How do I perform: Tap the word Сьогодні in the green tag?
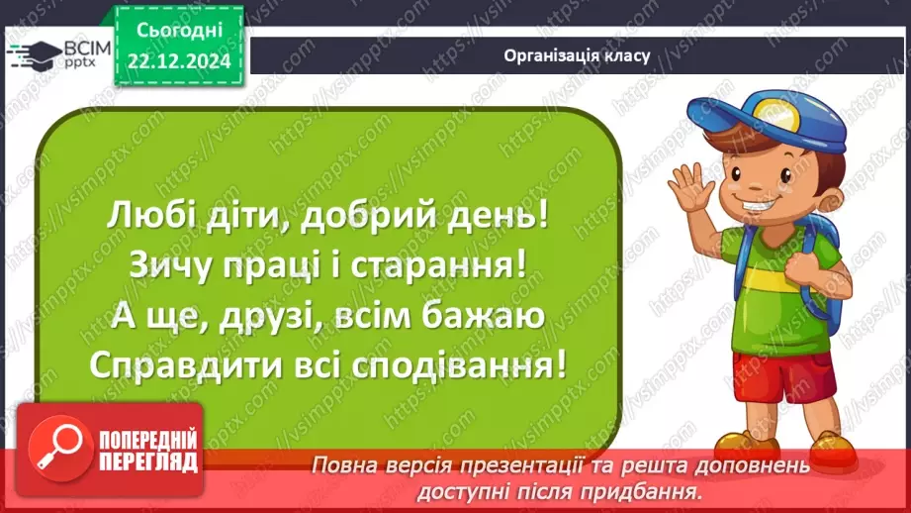coord(179,30)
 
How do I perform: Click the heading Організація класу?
coord(577,55)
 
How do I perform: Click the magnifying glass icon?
coord(59,449)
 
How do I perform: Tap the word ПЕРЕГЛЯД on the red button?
coord(148,462)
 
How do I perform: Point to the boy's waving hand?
coord(690,190)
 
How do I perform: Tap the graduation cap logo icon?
coord(35,53)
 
